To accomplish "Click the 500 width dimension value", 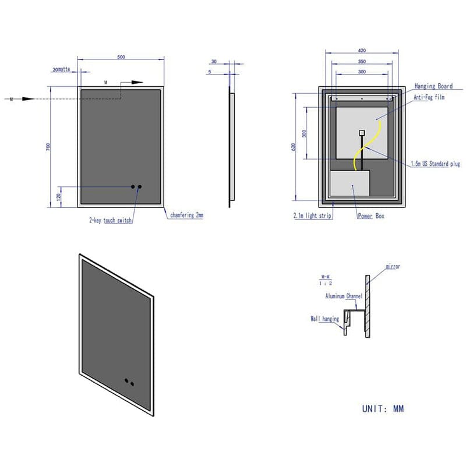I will coord(121,57).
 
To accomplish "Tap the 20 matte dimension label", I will coord(61,69).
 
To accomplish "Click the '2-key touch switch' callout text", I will coord(110,221).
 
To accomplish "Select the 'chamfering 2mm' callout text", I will coord(186,216).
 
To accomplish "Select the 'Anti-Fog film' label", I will coord(429,97).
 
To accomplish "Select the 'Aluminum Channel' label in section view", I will coord(344,296).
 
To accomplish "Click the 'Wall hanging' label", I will coord(325,319).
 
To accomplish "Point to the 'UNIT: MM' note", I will coord(383,408).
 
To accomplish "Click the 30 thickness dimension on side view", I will coord(214,61).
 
